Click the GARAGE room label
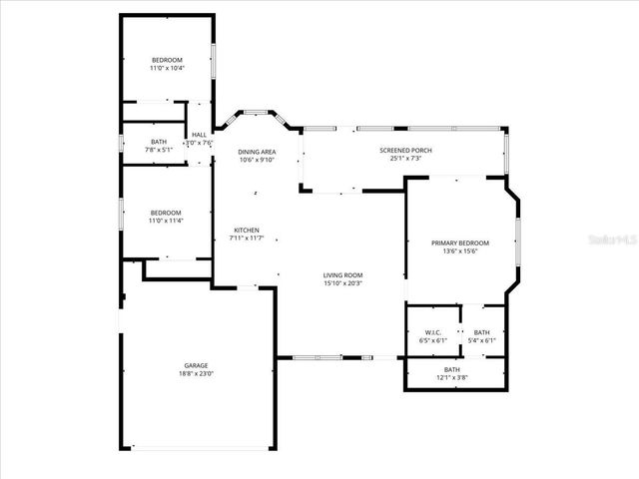point(196,365)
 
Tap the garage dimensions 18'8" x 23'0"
point(196,374)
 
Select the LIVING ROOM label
point(341,274)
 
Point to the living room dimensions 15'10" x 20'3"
point(341,283)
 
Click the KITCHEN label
point(246,230)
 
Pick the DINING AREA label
point(257,151)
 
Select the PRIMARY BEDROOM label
point(460,242)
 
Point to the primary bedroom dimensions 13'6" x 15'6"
point(460,251)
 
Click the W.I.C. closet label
point(432,332)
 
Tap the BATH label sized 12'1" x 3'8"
point(453,369)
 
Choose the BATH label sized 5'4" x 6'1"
point(482,332)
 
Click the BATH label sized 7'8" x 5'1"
point(159,142)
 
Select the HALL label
point(199,135)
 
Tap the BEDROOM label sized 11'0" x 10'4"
point(166,59)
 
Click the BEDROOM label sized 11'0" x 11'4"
point(165,212)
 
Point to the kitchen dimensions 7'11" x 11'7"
point(246,239)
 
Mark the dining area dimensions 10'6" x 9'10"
point(257,160)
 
